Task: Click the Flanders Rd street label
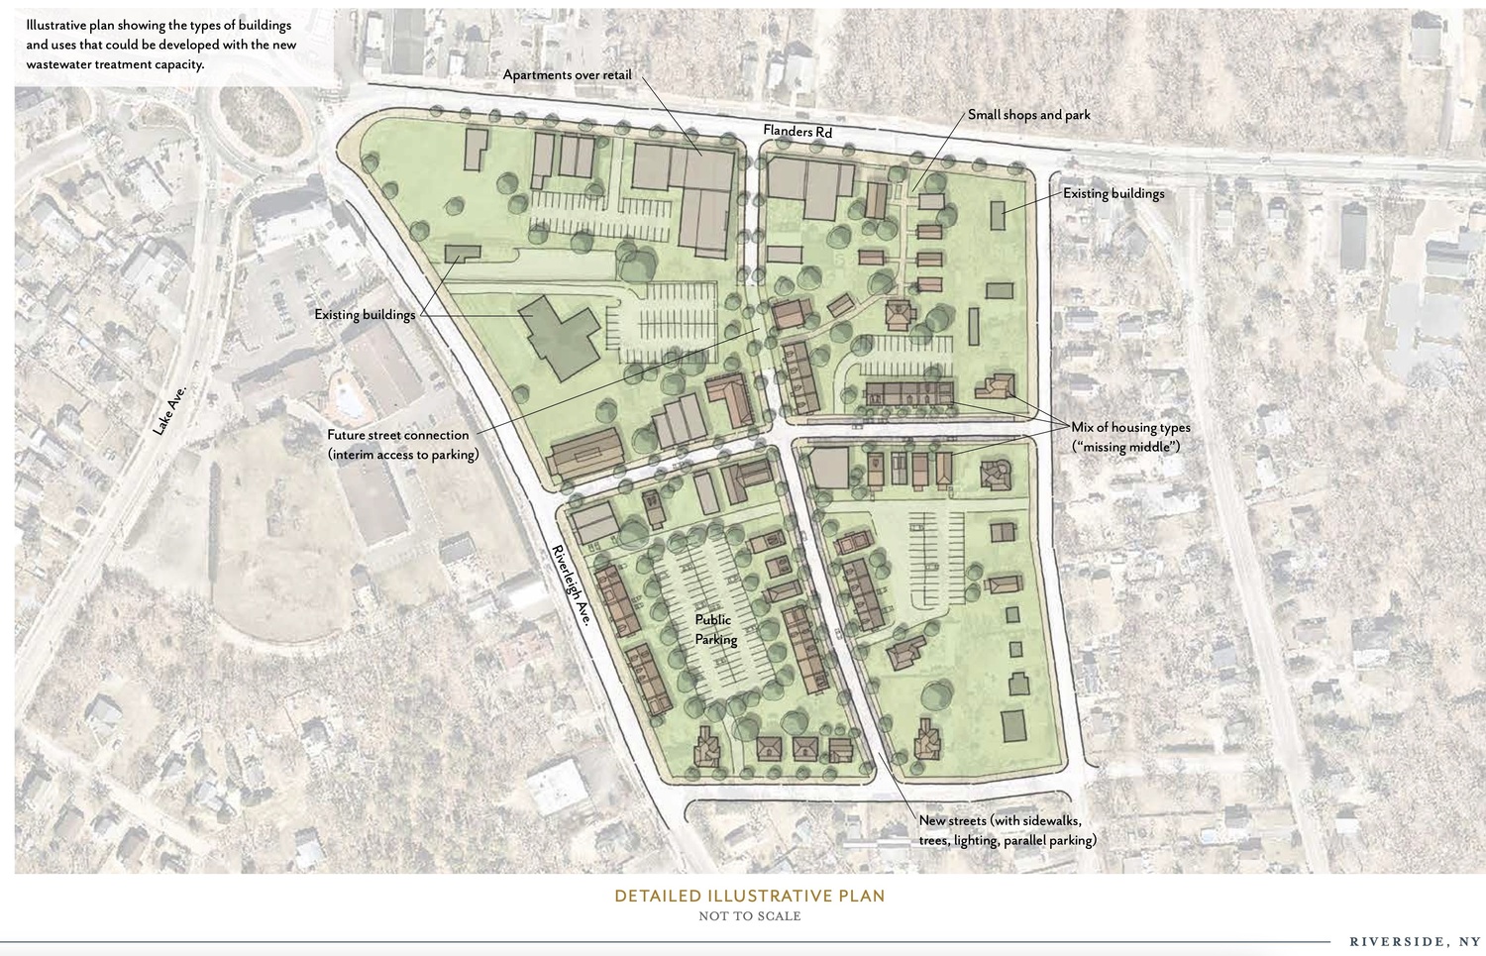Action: pos(796,131)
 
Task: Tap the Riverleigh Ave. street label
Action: pos(572,584)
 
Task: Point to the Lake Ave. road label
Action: pos(169,410)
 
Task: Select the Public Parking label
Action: pos(715,630)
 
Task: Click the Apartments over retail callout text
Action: pos(567,75)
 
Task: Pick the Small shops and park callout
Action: pos(1028,115)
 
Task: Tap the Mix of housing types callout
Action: pos(1130,428)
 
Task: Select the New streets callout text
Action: pos(1007,830)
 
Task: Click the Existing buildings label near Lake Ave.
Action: pos(365,315)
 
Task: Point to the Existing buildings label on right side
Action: pos(1114,194)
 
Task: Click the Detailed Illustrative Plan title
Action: pos(749,896)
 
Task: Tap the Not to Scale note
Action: pos(749,916)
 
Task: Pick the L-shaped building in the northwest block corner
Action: pos(475,149)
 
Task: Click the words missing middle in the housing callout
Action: pos(1126,447)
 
